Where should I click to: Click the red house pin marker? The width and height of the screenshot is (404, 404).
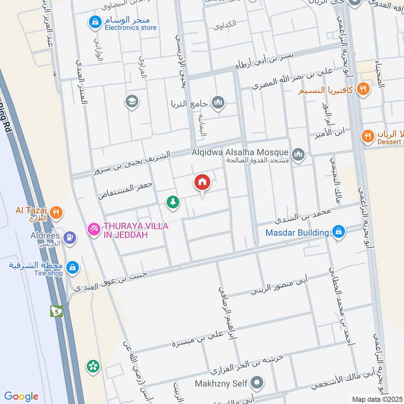click(202, 182)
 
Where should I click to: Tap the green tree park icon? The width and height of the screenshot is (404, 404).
click(173, 202)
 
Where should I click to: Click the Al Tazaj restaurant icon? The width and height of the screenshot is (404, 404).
click(57, 213)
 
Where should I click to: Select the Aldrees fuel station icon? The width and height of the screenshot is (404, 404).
click(70, 236)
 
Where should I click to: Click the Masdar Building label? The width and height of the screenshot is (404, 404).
click(297, 232)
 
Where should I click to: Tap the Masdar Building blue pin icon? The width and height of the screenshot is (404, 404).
click(338, 232)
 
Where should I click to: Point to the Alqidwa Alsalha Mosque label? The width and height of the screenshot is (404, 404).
click(240, 152)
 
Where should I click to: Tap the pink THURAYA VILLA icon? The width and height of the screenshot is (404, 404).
click(93, 230)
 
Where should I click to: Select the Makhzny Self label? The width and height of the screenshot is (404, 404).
click(221, 384)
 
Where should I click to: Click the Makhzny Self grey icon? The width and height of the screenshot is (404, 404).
click(258, 382)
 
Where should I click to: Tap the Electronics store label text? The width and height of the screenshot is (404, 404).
click(130, 28)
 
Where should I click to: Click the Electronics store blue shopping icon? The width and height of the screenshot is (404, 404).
click(94, 22)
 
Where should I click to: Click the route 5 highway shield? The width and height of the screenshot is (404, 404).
click(56, 311)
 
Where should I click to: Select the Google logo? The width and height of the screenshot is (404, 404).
click(21, 396)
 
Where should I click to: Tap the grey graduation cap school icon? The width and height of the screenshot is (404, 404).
click(132, 102)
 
